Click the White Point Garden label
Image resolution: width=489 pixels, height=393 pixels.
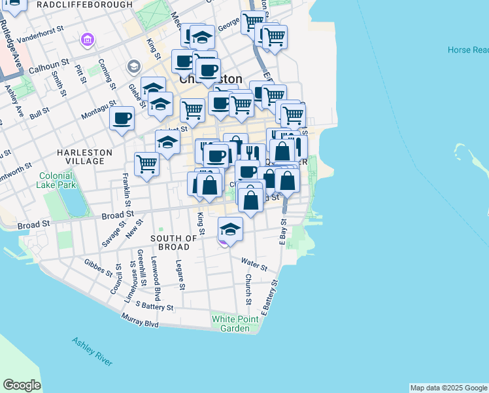pos(230,324)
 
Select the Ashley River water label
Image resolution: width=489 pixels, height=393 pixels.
pos(92,351)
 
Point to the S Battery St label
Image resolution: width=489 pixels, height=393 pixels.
pos(154,306)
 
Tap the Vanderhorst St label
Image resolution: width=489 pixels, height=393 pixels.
pos(42,39)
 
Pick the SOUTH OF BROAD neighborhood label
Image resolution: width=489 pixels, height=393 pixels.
pos(175,242)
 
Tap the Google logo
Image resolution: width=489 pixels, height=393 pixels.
pos(22,385)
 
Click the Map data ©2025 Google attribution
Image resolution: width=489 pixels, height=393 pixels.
pos(448,388)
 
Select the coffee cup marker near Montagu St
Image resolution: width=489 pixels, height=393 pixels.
pos(122,119)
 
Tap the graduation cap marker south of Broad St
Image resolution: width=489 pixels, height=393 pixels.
pos(229,229)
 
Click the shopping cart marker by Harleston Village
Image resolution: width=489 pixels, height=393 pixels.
pos(147,164)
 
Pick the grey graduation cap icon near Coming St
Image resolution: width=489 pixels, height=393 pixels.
pos(134,66)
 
